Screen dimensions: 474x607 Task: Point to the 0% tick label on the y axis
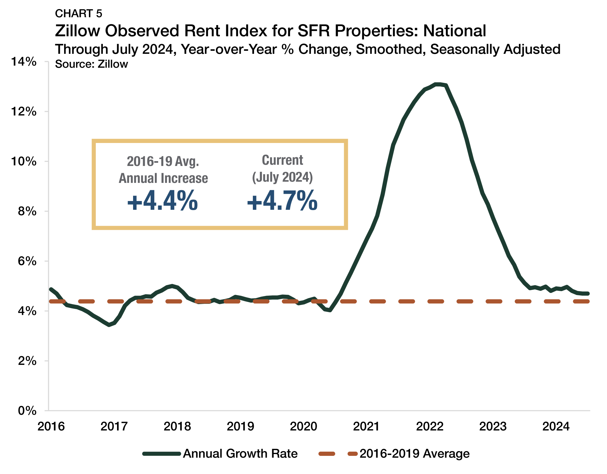(27, 411)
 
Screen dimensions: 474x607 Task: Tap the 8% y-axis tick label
(27, 211)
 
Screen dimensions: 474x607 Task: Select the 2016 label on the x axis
(51, 427)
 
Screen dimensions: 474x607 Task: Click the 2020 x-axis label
(303, 427)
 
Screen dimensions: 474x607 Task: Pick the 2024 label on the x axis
(556, 427)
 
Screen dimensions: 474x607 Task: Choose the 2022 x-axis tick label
(429, 427)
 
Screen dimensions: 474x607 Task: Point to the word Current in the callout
(282, 161)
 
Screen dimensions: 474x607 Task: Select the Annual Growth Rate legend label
(240, 454)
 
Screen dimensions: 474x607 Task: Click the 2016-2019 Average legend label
(414, 454)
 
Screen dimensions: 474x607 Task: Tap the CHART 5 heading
(79, 14)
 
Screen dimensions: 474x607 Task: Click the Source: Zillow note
(91, 64)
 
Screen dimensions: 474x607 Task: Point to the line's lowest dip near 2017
(109, 325)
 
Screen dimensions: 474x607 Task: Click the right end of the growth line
(588, 294)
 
